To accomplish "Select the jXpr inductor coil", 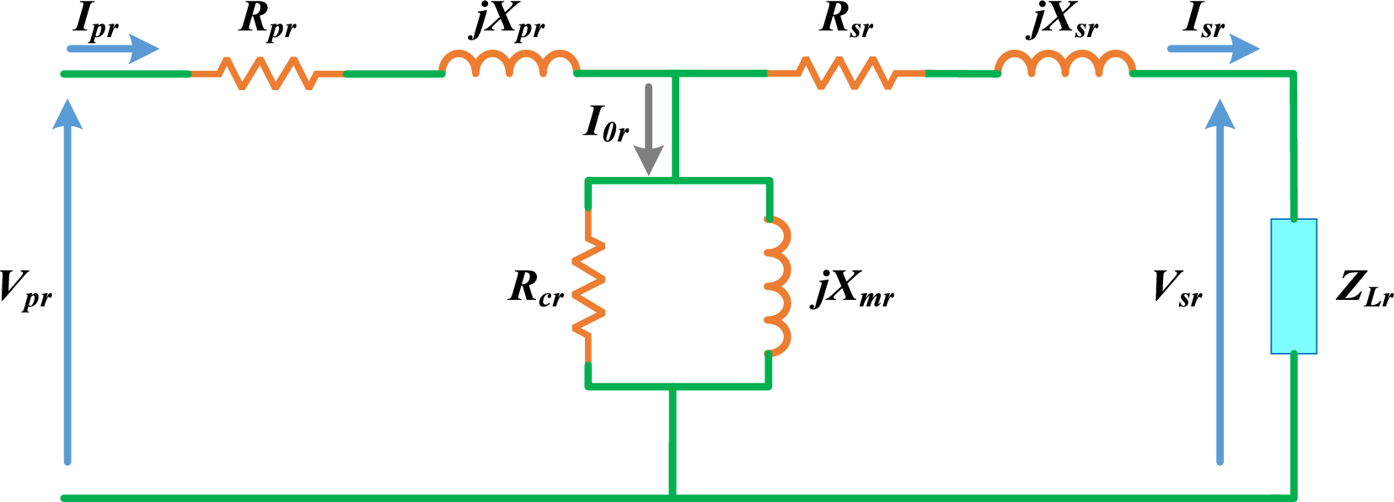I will [x=509, y=64].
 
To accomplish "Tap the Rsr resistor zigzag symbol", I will [x=847, y=73].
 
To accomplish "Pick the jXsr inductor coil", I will [x=1064, y=64].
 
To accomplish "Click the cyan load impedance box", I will [x=1294, y=286].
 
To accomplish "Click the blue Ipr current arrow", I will [x=113, y=49].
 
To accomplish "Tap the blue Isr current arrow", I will [x=1213, y=49].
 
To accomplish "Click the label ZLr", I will [x=1364, y=288].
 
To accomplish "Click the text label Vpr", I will [x=25, y=289].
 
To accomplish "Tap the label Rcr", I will [x=536, y=287].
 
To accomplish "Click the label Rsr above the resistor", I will [x=846, y=20].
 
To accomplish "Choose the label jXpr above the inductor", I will [x=507, y=22].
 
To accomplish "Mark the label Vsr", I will [x=1177, y=288].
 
